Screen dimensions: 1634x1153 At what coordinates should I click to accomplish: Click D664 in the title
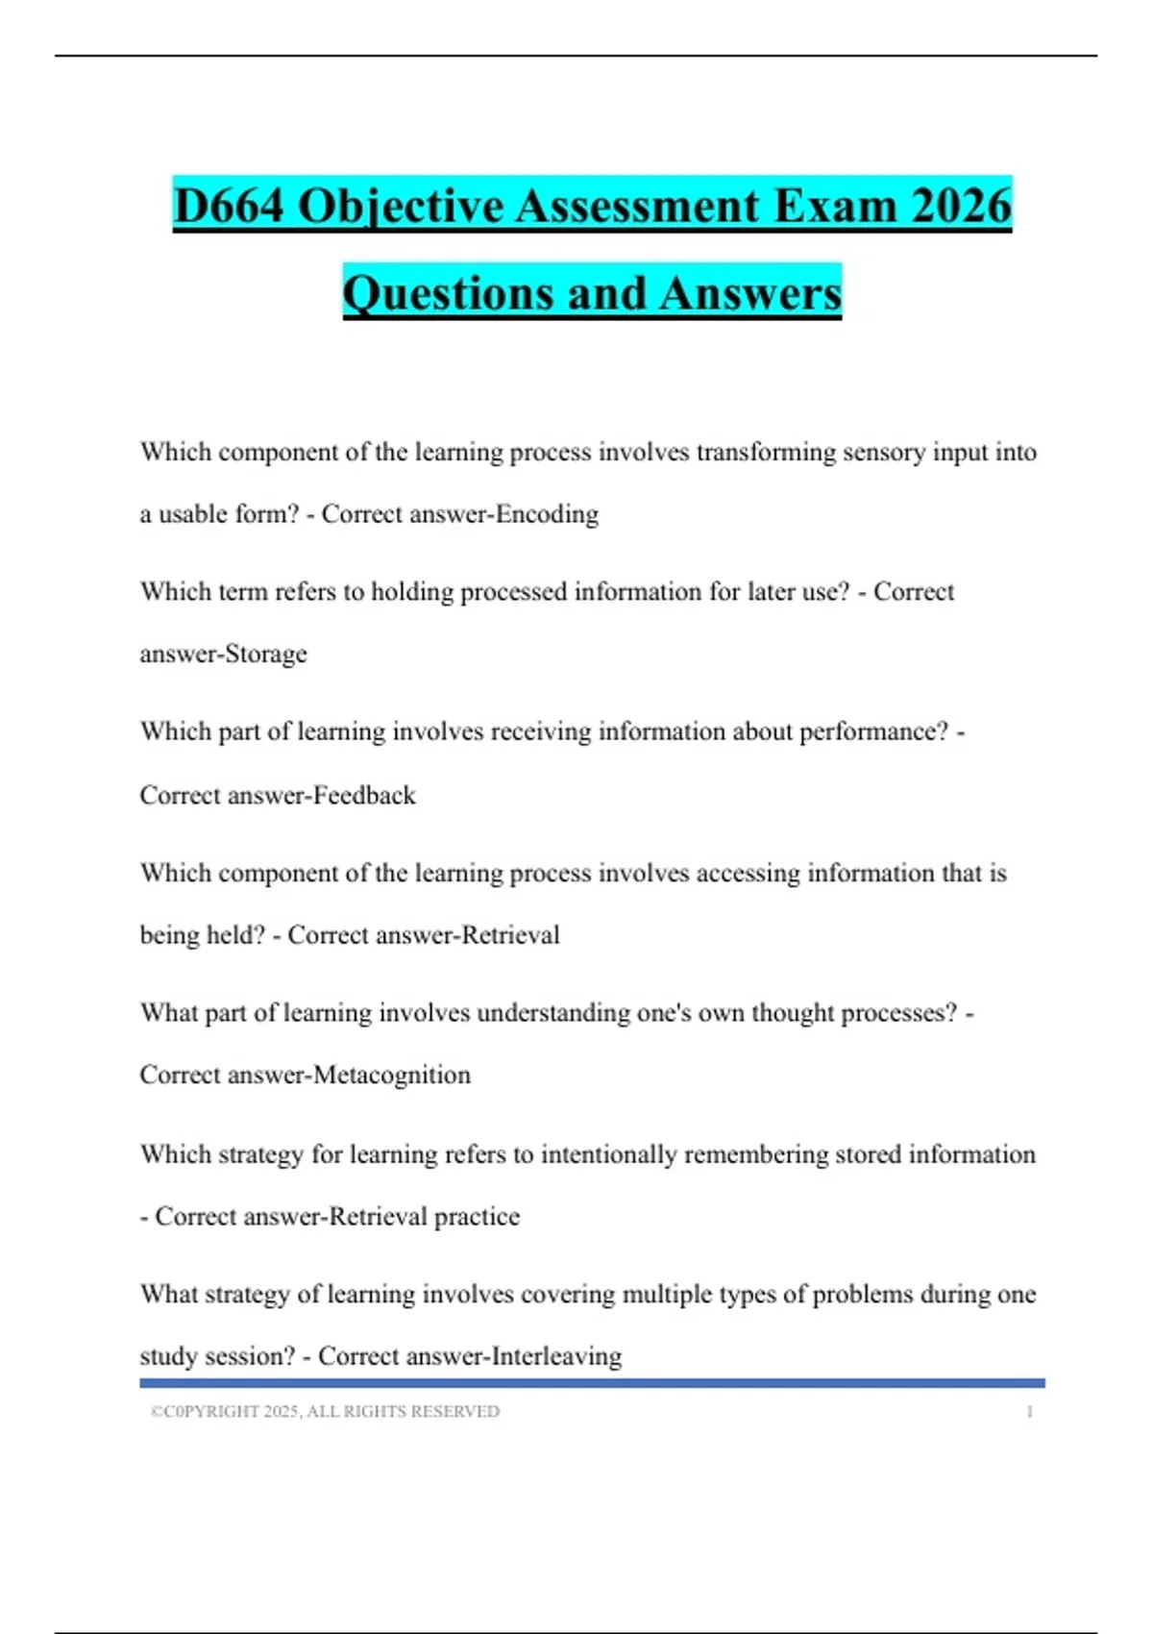(x=229, y=207)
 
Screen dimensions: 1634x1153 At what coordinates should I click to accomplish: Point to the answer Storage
(x=265, y=655)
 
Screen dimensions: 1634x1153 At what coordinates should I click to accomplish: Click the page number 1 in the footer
(x=1029, y=1412)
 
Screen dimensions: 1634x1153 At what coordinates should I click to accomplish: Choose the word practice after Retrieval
(x=477, y=1218)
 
